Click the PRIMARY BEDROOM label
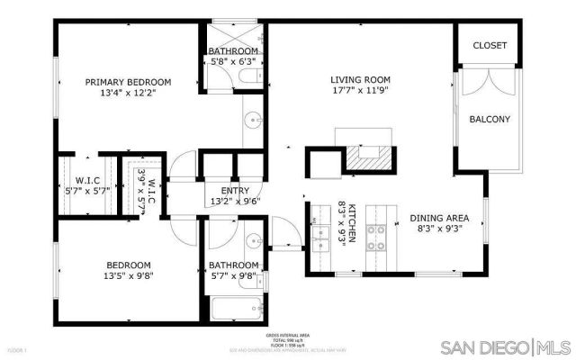click(x=140, y=82)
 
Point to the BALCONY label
click(x=490, y=119)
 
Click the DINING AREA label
click(x=440, y=218)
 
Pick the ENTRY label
click(x=234, y=190)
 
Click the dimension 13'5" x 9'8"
click(x=129, y=277)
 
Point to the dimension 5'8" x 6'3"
click(x=233, y=62)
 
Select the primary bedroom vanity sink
click(x=253, y=117)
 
